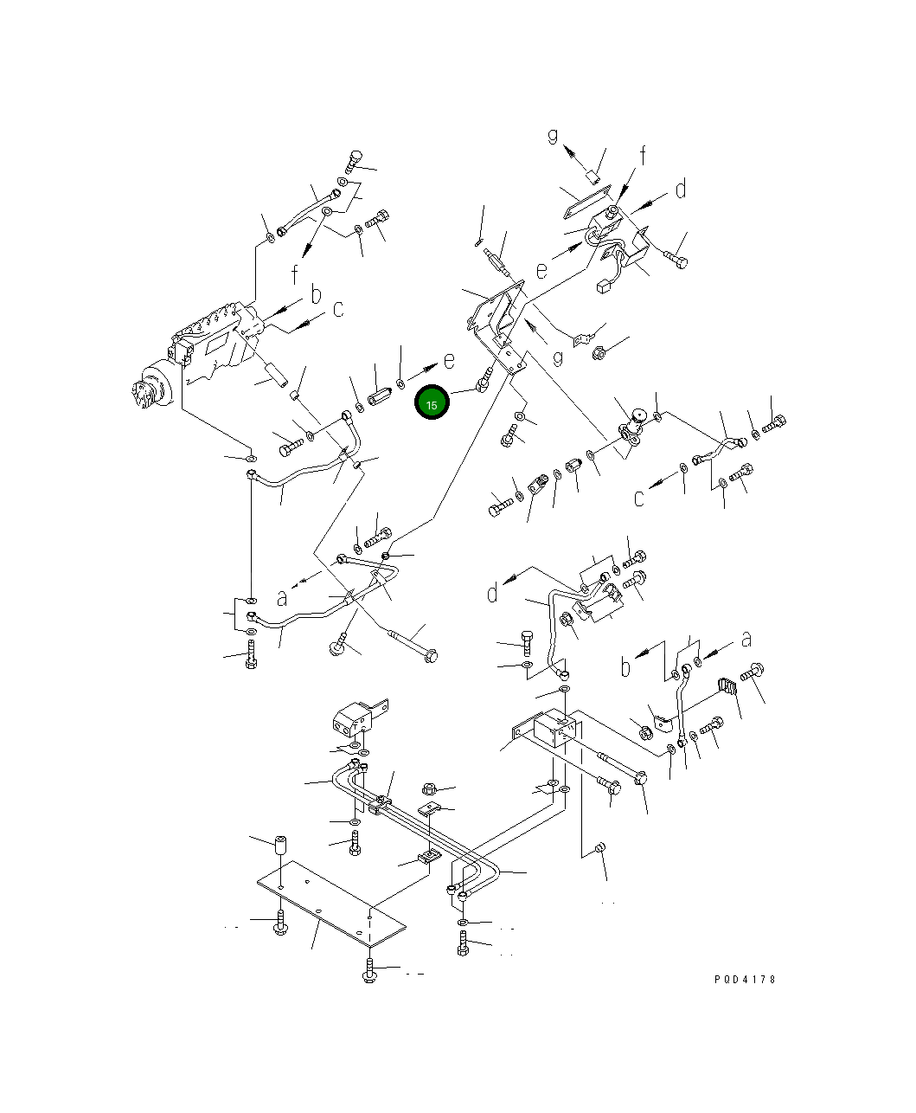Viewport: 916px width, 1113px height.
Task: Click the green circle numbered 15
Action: (x=432, y=402)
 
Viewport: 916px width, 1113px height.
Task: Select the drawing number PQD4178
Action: (x=745, y=980)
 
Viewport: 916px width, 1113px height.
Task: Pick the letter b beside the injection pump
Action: (x=316, y=295)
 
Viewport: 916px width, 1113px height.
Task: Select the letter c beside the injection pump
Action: (x=338, y=309)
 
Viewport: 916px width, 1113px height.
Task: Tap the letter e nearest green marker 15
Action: (x=449, y=361)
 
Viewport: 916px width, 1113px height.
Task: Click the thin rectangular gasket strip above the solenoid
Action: (x=587, y=201)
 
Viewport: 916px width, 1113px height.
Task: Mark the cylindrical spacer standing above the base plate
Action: (x=281, y=846)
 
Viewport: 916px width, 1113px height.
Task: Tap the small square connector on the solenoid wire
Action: (x=603, y=287)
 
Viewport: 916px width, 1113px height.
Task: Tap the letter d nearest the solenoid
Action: (x=681, y=190)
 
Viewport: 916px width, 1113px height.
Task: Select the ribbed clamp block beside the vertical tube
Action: (x=727, y=686)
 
